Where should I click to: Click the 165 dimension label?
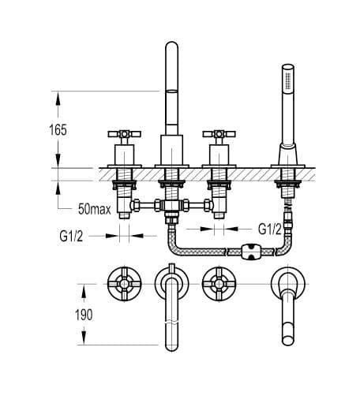[x=58, y=130]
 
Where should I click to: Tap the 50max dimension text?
[x=95, y=209]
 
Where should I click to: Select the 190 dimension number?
[x=84, y=315]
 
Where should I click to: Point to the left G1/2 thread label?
[x=71, y=236]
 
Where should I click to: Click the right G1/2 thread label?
[x=270, y=229]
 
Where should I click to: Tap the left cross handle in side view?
[x=125, y=134]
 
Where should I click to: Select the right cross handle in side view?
[x=219, y=134]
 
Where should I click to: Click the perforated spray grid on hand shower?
[x=288, y=80]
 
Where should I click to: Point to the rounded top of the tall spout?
[x=171, y=45]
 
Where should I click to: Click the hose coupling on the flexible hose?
[x=251, y=252]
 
